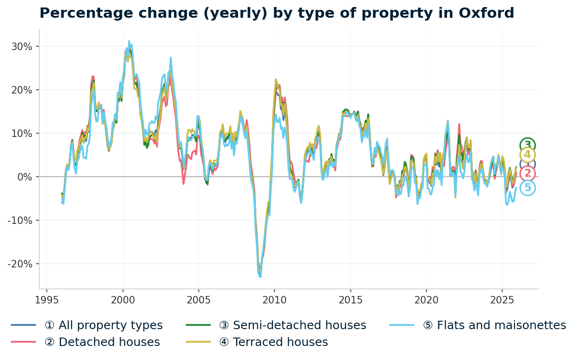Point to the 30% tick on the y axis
click(22, 47)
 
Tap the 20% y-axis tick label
click(22, 90)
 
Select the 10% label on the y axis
click(22, 134)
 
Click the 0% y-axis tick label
click(24, 177)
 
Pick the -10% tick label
click(20, 221)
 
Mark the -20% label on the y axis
click(20, 264)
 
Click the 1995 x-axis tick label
click(47, 300)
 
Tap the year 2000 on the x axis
click(123, 300)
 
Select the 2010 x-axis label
click(275, 300)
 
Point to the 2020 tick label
click(426, 300)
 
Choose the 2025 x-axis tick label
click(502, 300)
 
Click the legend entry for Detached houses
click(102, 342)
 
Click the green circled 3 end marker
click(527, 145)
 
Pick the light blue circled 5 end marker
click(527, 188)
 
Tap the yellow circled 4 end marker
click(527, 155)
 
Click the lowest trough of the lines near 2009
click(260, 276)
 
